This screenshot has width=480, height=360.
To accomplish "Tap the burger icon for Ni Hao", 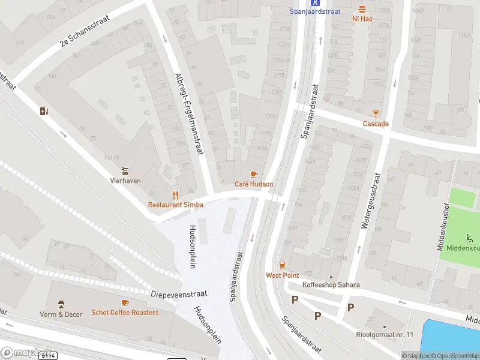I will (x=361, y=9).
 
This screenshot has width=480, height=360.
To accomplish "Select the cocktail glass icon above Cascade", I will (x=376, y=113).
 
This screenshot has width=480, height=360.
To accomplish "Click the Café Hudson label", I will (x=254, y=184).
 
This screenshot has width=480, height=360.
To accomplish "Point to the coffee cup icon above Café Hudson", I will (x=254, y=174).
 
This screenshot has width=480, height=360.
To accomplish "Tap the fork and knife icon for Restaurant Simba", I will (x=176, y=194).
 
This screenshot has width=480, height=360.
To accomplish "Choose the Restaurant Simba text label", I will (x=176, y=205).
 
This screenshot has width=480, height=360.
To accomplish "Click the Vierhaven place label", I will (x=124, y=179).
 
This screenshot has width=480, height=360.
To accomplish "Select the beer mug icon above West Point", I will (x=282, y=265).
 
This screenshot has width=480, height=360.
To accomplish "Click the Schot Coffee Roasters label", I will (x=125, y=313).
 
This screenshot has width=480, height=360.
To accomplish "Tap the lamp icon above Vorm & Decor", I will (x=61, y=304).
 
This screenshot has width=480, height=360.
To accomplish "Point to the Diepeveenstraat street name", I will (x=179, y=294).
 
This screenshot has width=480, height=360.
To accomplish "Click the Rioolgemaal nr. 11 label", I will (x=384, y=334).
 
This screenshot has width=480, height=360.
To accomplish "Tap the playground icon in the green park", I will (x=469, y=238).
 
